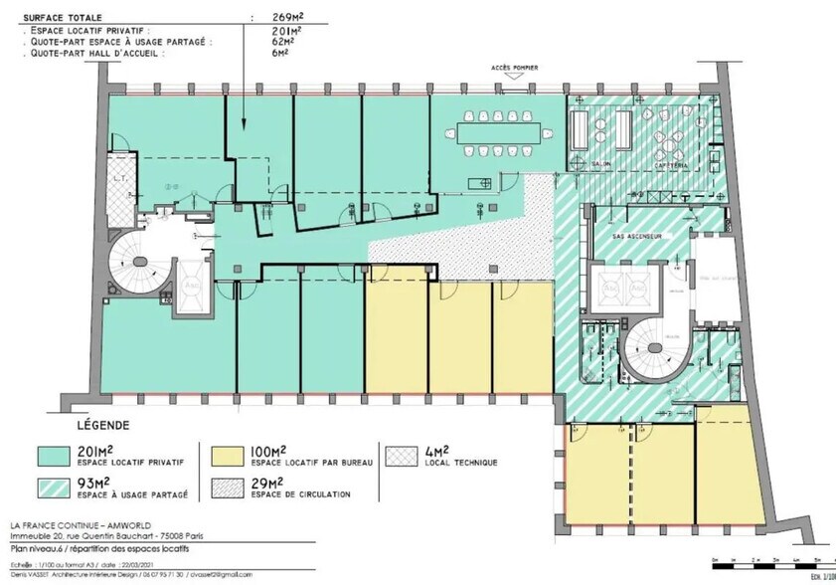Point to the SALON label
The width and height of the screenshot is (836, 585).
[x=600, y=164]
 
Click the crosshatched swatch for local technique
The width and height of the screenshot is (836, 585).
[x=405, y=454]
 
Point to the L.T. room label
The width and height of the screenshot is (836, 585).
[x=119, y=178]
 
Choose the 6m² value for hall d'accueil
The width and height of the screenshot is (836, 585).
[x=283, y=53]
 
